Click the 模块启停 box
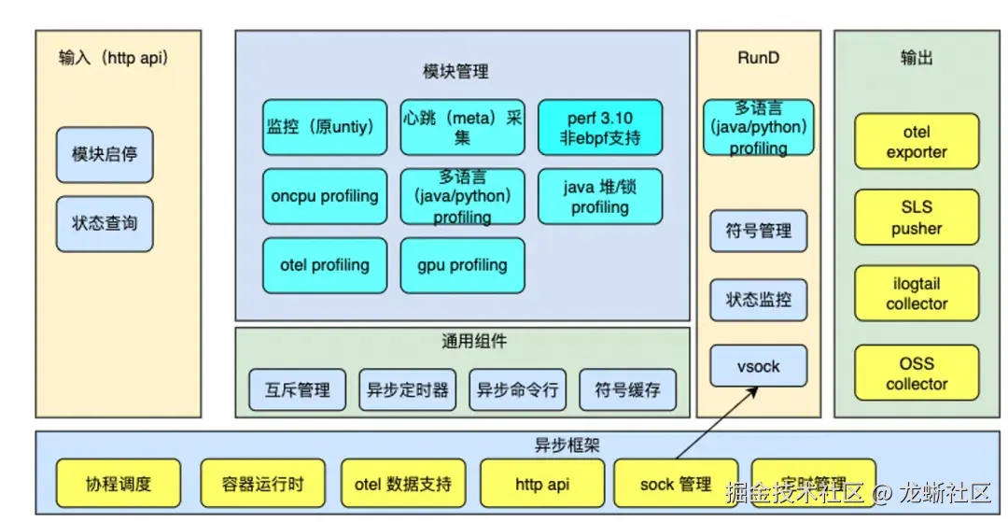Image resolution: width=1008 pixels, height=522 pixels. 105,155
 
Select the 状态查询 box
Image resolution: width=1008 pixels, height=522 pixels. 105,224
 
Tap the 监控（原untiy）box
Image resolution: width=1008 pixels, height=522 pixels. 325,127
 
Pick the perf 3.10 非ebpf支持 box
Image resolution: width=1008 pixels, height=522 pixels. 600,127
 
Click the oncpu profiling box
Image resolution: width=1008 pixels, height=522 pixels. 325,196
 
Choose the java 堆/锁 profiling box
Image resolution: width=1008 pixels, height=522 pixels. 600,196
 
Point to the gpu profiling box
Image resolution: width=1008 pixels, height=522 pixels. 463,265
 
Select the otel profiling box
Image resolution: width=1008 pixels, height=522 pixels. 325,265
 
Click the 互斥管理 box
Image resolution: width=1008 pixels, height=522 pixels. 298,389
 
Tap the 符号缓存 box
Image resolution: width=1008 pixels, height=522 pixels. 627,389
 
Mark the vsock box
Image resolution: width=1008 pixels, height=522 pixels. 759,366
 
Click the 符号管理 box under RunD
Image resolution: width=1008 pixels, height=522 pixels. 759,232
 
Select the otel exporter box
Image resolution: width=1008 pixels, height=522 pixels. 917,142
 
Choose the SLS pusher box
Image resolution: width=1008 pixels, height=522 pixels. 917,218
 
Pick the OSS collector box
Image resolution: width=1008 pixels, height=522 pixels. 917,374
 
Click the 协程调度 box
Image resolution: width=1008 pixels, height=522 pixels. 119,484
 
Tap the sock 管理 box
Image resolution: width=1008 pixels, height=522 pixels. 676,484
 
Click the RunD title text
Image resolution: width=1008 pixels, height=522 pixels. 758,58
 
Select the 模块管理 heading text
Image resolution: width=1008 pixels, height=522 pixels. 455,71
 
